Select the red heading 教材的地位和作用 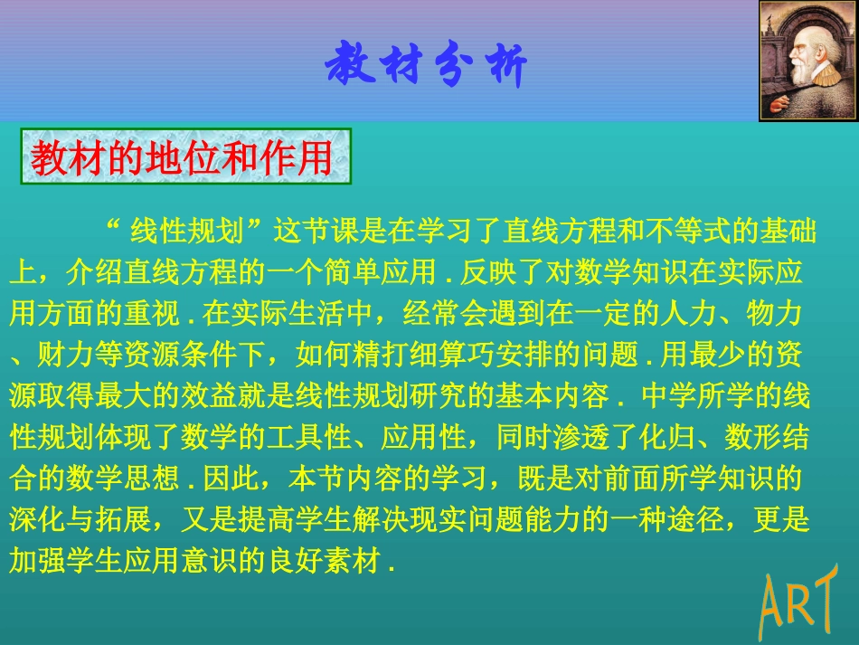[x=181, y=159]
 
